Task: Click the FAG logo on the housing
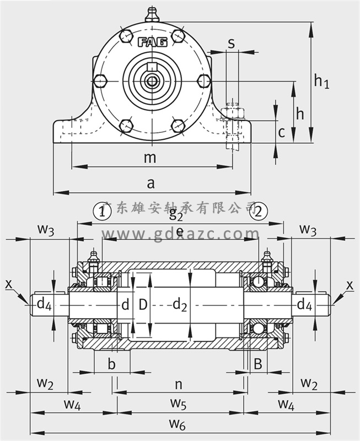click(x=152, y=42)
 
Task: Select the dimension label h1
click(x=321, y=81)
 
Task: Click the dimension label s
click(x=232, y=42)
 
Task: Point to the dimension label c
click(x=281, y=132)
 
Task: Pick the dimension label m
click(x=149, y=158)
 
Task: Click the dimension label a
click(x=151, y=182)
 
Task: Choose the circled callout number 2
click(x=260, y=211)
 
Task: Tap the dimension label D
click(x=143, y=304)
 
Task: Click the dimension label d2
click(x=180, y=304)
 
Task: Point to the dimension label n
click(x=178, y=383)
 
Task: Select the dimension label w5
click(x=178, y=404)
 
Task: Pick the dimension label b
click(x=111, y=364)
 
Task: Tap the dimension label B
click(x=257, y=364)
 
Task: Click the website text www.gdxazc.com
click(x=179, y=234)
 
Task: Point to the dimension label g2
click(x=176, y=213)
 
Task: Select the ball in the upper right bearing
click(x=257, y=282)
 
